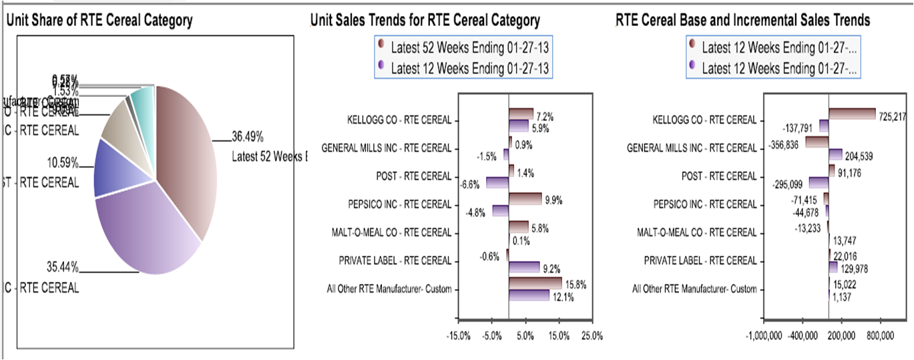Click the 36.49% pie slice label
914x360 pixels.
(x=248, y=138)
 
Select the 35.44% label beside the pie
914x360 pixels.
(x=63, y=268)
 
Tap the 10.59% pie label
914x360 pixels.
(x=63, y=163)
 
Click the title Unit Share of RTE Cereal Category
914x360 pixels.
(x=99, y=21)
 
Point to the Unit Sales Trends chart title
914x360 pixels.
(x=425, y=21)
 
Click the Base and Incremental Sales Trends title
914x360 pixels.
(x=742, y=21)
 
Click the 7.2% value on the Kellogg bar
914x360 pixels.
(x=545, y=116)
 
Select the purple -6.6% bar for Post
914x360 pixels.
(x=497, y=182)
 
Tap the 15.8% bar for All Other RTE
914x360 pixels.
(x=535, y=283)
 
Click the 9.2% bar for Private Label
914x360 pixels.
(x=524, y=267)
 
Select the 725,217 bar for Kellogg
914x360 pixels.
(x=852, y=114)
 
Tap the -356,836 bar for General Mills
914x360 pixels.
(x=817, y=142)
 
